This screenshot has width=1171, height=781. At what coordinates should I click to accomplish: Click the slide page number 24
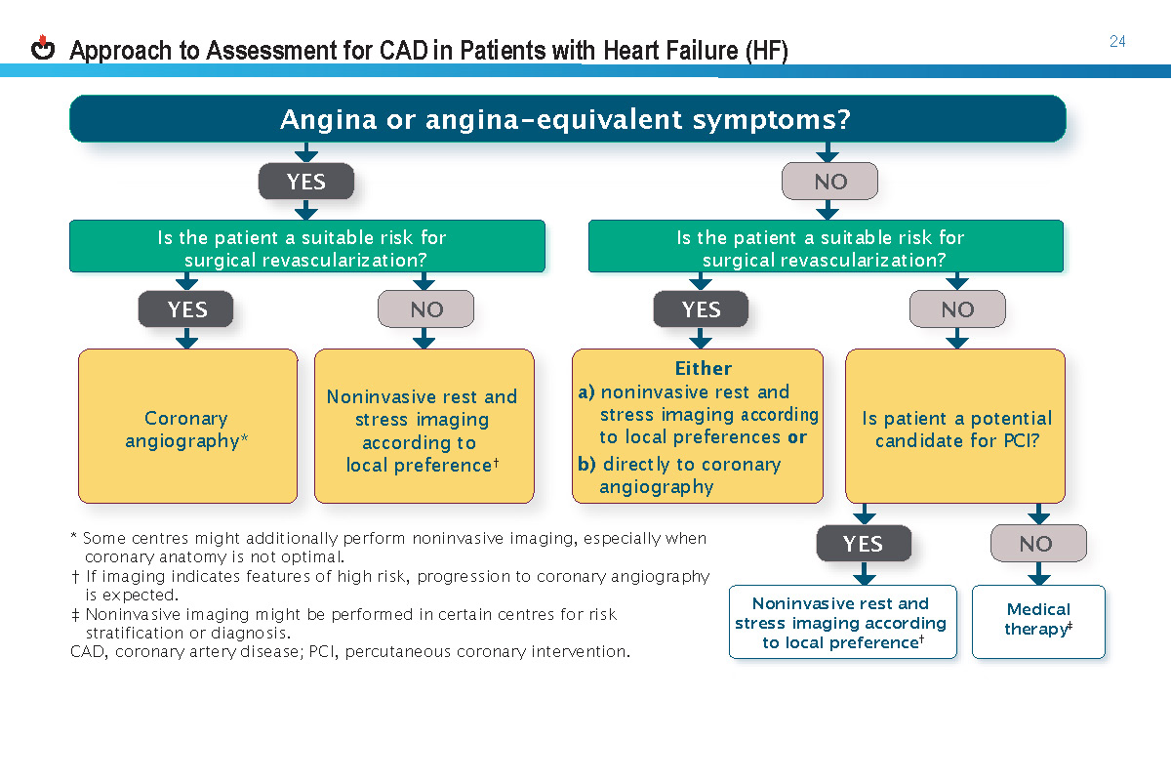[1117, 41]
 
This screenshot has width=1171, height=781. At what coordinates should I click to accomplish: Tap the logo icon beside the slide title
[43, 48]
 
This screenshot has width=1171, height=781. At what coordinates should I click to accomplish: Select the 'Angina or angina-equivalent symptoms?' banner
[566, 120]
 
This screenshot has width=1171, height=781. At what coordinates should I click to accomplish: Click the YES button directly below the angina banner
[305, 182]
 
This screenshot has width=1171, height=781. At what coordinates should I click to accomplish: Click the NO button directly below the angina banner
[829, 182]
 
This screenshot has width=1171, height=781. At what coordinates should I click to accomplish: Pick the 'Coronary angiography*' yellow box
[187, 428]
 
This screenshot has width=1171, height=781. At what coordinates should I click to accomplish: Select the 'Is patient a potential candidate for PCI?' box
[955, 428]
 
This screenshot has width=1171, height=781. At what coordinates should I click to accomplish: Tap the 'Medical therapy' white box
[1038, 621]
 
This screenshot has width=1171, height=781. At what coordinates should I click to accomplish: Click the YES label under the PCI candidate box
[863, 544]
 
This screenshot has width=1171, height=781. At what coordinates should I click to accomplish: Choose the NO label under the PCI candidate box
[1037, 544]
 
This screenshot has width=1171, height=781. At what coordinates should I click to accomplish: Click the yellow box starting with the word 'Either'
[698, 428]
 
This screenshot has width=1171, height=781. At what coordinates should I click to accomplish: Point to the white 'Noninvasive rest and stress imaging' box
[842, 623]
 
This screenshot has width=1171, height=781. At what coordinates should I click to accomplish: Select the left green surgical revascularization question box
[306, 247]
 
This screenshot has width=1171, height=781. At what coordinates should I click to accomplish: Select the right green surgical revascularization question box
[826, 247]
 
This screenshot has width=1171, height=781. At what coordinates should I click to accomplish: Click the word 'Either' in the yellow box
[703, 369]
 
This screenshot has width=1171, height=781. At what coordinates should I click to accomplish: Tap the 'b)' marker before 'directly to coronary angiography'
[586, 465]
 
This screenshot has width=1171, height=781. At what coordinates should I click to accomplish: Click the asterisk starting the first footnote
[74, 537]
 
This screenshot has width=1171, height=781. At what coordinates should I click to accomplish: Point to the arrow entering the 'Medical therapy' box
[1038, 576]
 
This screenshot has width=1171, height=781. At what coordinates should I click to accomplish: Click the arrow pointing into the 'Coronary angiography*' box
[186, 339]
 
